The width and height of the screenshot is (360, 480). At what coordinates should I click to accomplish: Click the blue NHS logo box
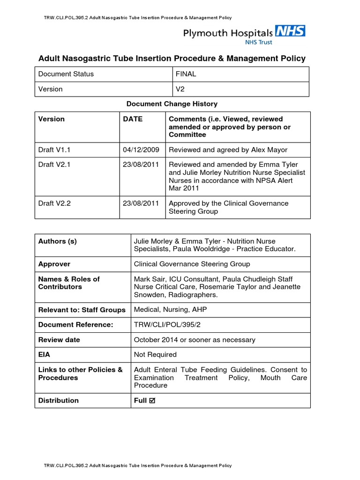coord(290,31)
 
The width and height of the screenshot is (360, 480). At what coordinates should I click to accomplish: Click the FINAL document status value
coord(186,74)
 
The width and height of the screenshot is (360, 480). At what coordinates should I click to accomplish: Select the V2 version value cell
coord(180,89)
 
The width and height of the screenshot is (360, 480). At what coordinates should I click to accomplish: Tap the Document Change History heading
coord(172,104)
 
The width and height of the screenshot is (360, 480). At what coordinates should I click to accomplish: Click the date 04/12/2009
coord(141,150)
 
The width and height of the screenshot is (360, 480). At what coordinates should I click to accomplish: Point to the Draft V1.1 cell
coord(54,150)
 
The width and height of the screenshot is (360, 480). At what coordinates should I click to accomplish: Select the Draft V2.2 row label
coord(54,203)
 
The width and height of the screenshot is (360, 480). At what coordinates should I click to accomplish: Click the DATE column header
coord(133,119)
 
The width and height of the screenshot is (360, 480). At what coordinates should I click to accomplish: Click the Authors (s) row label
coord(57,241)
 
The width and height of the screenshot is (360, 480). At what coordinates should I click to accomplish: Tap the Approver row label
coord(54,264)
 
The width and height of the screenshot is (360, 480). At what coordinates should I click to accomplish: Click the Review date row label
coord(59,339)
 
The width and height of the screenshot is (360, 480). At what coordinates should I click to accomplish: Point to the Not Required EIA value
coord(155,354)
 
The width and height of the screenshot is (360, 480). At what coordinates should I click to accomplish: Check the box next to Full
coord(151,401)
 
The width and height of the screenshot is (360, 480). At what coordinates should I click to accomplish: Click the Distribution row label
coord(59,400)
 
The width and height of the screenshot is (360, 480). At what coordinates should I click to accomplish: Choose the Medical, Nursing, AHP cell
coord(170,309)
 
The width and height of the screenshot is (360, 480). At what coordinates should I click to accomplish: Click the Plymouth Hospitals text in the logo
coord(227,33)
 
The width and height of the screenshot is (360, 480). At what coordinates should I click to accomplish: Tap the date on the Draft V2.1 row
coord(141,165)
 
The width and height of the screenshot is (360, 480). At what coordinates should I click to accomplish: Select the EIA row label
coord(45,354)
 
